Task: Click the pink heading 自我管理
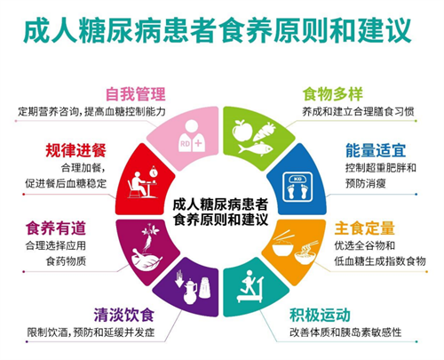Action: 136,94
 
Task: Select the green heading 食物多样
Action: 332,94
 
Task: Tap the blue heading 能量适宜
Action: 376,150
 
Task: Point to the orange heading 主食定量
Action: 365,228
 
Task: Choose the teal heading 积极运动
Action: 320,315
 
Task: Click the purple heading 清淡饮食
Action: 124,315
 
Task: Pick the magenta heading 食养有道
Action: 56,228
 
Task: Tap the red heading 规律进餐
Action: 75,150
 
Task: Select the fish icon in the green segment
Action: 256,148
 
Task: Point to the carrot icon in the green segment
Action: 265,132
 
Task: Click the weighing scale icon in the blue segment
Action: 297,187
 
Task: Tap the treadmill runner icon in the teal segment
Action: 250,286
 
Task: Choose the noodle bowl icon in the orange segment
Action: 306,252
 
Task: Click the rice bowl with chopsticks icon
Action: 283,244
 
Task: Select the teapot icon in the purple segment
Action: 190,292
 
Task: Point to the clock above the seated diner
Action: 154,172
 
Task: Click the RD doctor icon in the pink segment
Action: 192,136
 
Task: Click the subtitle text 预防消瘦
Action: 366,183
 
